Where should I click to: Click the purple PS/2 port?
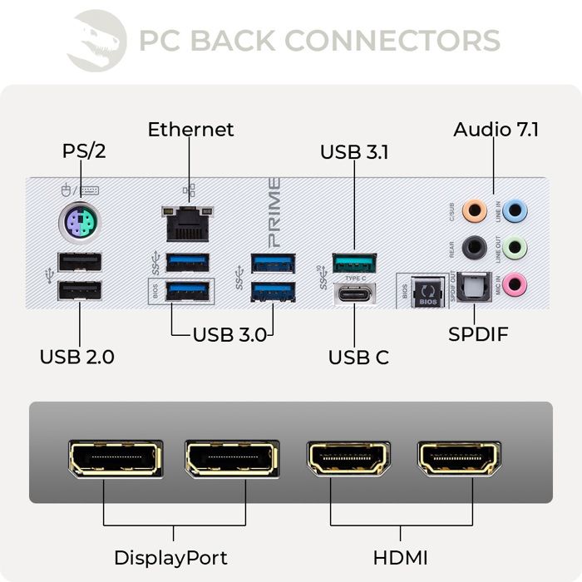pyautogui.click(x=79, y=223)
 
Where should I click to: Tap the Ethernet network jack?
pyautogui.click(x=187, y=222)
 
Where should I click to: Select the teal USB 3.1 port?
pyautogui.click(x=354, y=264)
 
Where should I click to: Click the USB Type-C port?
pyautogui.click(x=354, y=293)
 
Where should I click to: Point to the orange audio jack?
pyautogui.click(x=474, y=210)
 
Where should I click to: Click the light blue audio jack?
pyautogui.click(x=515, y=210)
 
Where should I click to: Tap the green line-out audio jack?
pyautogui.click(x=515, y=246)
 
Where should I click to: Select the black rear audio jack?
pyautogui.click(x=474, y=246)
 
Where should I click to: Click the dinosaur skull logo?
pyautogui.click(x=96, y=40)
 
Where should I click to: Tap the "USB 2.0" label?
pyautogui.click(x=77, y=357)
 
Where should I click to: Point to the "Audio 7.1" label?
pyautogui.click(x=496, y=130)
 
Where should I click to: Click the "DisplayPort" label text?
pyautogui.click(x=170, y=556)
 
